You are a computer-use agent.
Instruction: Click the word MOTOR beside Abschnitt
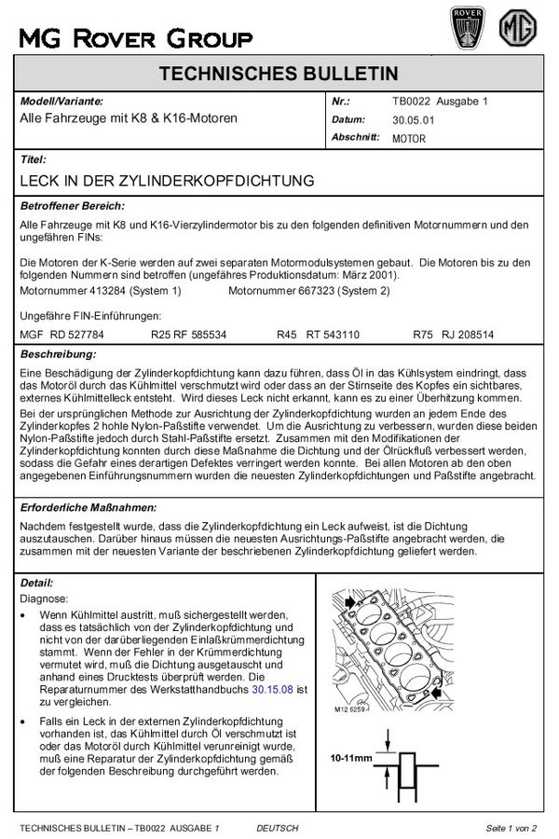point(409,138)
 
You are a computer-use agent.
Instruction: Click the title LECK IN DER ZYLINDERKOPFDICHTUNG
point(167,180)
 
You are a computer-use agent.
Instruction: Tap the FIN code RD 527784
point(76,333)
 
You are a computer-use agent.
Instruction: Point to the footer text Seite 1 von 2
point(511,827)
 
